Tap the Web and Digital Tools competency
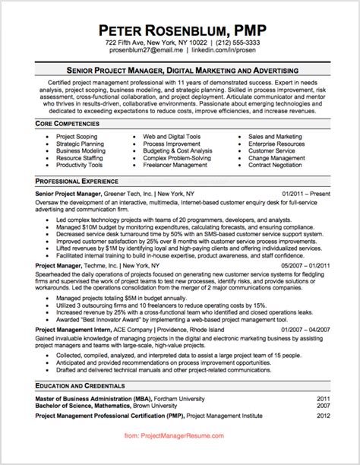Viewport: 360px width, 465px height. (175, 135)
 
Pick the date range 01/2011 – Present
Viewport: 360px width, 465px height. (306, 194)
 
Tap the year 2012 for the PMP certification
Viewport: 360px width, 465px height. (324, 416)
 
